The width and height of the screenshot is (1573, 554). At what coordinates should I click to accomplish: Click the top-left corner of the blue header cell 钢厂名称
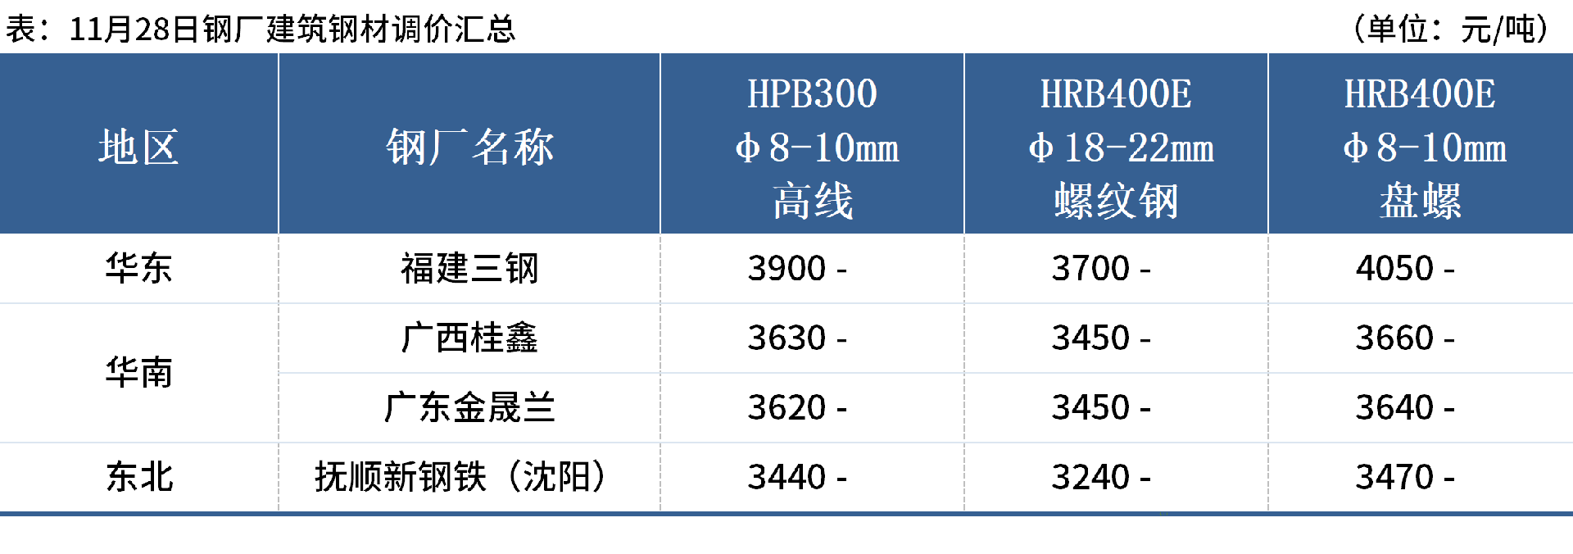(279, 54)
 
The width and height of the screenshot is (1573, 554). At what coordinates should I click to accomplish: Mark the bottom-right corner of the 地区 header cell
(278, 234)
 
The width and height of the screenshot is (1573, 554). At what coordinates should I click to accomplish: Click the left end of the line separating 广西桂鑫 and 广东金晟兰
(279, 373)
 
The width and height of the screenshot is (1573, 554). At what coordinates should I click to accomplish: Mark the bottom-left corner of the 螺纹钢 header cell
(965, 234)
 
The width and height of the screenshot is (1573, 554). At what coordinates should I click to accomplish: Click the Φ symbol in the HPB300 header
(746, 148)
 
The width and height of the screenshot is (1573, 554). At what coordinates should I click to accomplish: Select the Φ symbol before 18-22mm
(1040, 148)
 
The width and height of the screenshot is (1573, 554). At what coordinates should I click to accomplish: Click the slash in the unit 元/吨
(1498, 30)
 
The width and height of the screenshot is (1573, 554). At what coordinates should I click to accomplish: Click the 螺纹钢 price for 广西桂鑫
(1090, 338)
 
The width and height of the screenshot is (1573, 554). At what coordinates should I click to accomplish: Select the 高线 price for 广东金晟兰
(786, 408)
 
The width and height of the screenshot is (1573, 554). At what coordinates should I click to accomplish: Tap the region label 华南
(139, 373)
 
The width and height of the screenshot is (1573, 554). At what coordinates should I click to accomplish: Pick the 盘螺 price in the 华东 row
(1394, 269)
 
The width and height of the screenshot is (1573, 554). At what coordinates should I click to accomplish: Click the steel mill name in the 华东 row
(469, 269)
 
